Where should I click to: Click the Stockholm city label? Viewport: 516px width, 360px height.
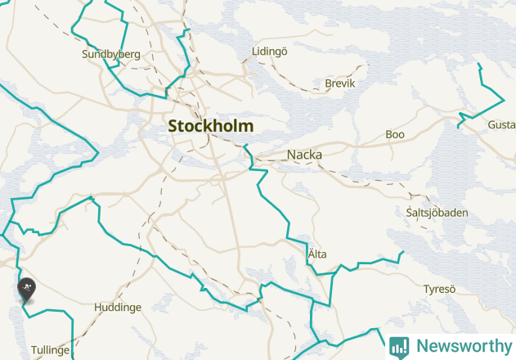210,126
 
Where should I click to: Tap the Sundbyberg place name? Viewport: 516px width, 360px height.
111,55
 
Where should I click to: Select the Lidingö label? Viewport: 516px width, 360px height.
270,52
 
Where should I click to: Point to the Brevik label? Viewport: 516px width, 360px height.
340,83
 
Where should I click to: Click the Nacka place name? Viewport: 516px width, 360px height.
304,154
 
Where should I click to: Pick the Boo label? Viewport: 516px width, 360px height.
395,134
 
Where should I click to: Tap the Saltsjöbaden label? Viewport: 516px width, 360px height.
437,213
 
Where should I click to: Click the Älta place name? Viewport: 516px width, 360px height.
317,254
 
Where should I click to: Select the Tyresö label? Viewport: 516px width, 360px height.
439,289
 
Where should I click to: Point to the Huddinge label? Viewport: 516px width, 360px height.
118,308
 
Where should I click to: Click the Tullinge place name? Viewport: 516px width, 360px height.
51,349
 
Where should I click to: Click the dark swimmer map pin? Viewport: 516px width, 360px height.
26,289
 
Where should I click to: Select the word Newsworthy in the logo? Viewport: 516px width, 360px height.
462,346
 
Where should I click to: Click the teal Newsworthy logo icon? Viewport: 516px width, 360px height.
399,346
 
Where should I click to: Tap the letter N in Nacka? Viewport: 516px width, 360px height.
291,154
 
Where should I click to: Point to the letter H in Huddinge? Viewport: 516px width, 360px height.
98,308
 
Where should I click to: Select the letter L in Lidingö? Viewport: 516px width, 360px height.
255,52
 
